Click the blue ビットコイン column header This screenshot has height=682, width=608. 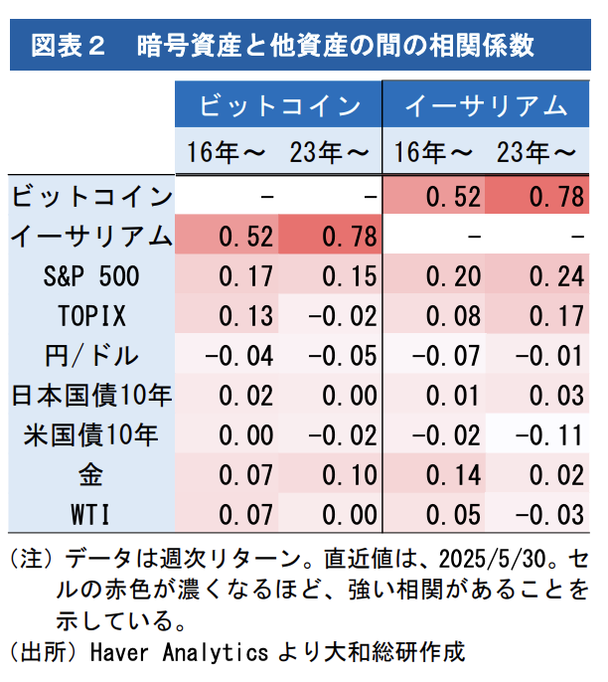[279, 106]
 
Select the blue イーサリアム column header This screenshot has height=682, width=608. [486, 106]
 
